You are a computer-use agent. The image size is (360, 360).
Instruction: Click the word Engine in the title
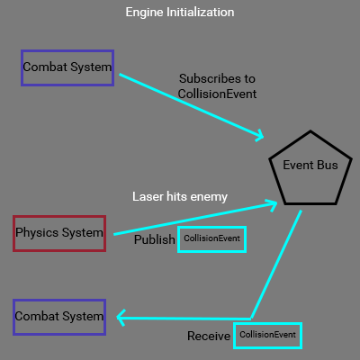pos(145,13)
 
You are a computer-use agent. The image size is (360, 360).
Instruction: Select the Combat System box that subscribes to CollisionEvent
pos(67,67)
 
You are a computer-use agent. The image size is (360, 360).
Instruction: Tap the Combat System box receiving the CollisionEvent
pos(59,317)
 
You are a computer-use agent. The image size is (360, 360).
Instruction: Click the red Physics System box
pos(59,233)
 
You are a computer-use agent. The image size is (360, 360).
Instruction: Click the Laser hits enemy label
pos(180,196)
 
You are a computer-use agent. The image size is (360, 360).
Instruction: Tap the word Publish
pos(154,240)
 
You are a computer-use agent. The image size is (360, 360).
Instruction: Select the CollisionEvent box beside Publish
pos(211,238)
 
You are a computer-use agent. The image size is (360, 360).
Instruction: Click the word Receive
pos(209,337)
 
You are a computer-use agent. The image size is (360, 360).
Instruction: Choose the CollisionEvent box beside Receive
pos(267,335)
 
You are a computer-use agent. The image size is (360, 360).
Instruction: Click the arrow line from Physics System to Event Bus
pos(193,219)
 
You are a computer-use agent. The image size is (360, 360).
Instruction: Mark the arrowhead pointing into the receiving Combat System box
pos(121,317)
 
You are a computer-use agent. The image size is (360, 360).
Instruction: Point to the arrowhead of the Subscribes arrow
pos(258,137)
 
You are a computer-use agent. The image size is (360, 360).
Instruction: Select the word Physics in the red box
pos(38,233)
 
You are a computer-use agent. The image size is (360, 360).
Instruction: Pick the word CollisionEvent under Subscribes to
pos(217,94)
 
